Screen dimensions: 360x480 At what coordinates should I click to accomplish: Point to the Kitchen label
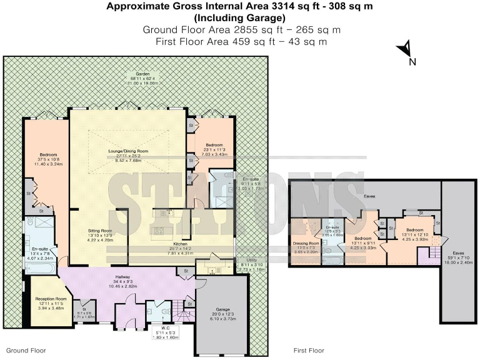(180, 244)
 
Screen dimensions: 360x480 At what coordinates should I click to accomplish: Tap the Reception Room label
(51, 299)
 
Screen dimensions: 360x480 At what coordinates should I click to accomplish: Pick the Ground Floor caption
(26, 351)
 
